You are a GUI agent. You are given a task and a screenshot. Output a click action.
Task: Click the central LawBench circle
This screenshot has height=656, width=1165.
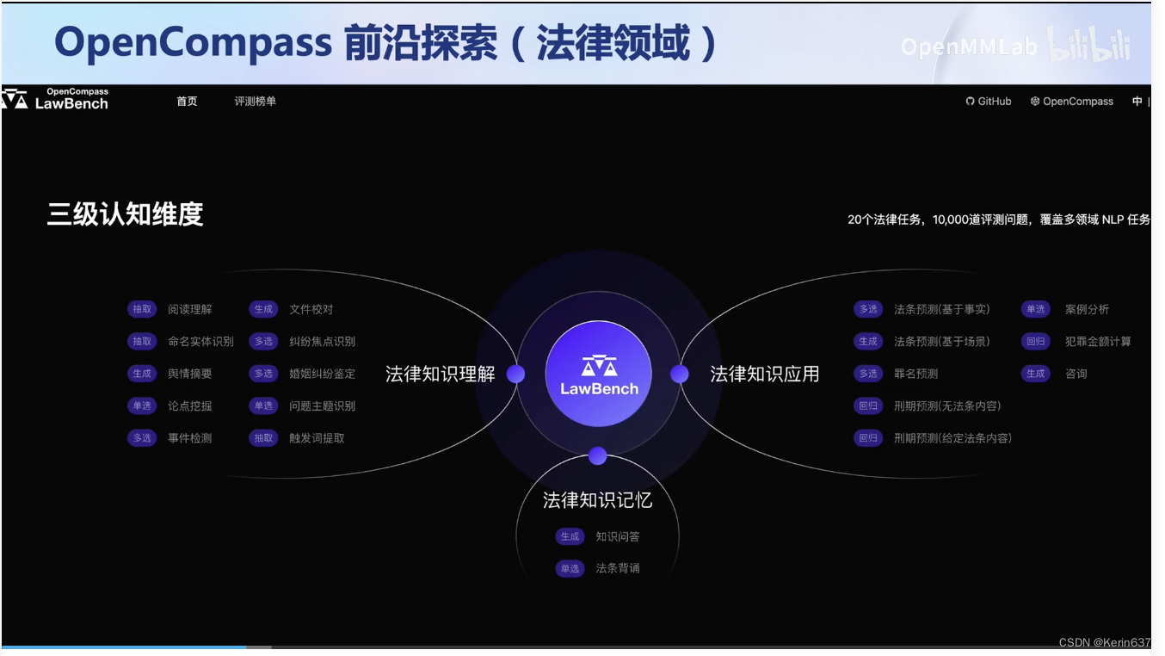pos(598,374)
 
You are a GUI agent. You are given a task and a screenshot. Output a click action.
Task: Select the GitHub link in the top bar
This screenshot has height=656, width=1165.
pos(989,102)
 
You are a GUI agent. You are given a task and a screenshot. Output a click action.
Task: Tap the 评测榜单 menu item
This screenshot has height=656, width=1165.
pos(256,102)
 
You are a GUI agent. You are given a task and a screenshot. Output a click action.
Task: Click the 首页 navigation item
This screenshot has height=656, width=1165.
pos(187,102)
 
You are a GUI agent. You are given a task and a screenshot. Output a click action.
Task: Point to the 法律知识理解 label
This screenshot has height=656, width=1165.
pos(440,374)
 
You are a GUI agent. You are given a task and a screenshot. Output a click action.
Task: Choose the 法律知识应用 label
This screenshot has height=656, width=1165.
pos(764,374)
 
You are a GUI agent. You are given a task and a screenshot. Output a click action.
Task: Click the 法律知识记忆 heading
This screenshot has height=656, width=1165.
pos(597,500)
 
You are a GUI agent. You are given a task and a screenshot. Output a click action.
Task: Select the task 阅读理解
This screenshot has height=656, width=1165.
pos(189,310)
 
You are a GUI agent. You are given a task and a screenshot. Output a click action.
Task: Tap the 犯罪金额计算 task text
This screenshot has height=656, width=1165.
pos(1098,342)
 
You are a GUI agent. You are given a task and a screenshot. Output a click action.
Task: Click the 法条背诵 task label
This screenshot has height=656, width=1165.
pos(618,569)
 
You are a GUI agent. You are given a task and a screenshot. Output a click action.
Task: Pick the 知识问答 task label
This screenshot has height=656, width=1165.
pos(618,537)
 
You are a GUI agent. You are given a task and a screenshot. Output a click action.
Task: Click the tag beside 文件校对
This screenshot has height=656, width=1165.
pos(263,310)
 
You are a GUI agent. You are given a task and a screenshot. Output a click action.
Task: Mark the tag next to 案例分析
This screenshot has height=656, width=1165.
pos(1035,310)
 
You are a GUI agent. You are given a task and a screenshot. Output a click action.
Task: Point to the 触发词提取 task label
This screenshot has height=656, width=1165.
pos(317,438)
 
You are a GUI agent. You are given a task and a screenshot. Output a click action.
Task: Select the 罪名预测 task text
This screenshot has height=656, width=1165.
pos(915,374)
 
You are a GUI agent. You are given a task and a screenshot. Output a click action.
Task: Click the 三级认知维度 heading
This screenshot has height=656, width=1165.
pos(125,214)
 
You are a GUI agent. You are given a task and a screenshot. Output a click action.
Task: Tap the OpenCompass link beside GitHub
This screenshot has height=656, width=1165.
pos(1072,102)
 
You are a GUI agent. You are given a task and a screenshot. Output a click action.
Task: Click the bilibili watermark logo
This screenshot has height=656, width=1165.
pos(1088,46)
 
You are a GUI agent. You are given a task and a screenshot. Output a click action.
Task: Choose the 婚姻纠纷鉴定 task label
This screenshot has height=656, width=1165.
pos(322,374)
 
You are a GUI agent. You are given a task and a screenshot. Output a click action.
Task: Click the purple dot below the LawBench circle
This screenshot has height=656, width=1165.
pos(598,456)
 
